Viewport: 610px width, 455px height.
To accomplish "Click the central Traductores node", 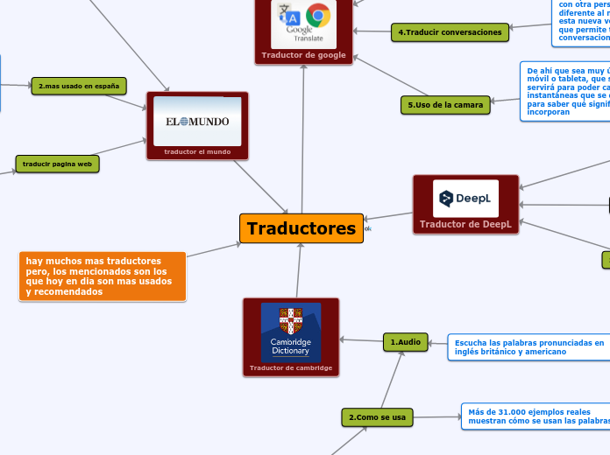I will point(301,228).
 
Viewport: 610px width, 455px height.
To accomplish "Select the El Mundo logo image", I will point(197,121).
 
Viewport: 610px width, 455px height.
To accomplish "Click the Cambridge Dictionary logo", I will point(290,332).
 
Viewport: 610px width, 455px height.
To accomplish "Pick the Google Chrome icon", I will point(318,15).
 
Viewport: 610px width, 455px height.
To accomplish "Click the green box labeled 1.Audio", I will point(405,342).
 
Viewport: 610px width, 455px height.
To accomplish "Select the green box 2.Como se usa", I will point(377,417).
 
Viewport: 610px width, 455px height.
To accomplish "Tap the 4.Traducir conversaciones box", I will point(450,32).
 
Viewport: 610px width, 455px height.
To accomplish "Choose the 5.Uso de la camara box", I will point(445,106).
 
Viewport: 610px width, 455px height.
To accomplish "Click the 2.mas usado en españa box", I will point(78,86).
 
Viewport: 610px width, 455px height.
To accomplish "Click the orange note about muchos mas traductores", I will point(103,276).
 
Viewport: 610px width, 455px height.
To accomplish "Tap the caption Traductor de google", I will point(303,55).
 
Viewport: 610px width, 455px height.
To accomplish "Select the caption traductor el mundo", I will point(197,151).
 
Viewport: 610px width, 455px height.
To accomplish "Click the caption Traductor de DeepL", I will point(465,248).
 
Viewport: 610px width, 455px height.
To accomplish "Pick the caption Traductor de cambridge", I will point(290,367).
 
